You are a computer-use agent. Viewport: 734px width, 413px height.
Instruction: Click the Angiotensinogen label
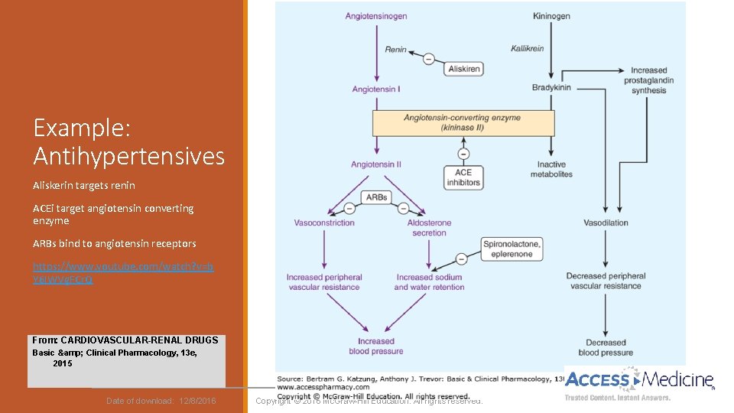pos(375,15)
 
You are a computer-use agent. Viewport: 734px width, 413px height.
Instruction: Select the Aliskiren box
pos(465,69)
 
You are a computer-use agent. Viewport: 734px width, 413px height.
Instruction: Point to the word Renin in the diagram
pos(396,50)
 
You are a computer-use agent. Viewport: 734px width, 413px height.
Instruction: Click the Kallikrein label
pos(528,49)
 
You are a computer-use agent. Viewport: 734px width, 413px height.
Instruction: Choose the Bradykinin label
pos(551,88)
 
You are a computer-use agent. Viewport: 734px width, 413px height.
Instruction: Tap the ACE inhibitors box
pos(463,177)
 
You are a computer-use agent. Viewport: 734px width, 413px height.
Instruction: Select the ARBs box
pos(376,197)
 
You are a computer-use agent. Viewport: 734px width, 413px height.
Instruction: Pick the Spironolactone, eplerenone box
pos(512,249)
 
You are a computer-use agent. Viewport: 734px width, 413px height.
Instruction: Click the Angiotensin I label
pos(376,89)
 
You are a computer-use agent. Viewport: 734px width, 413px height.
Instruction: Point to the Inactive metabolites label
pos(551,169)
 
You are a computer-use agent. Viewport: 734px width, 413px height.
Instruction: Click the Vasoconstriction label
pos(324,223)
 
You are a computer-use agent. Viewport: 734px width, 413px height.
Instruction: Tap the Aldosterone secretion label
pos(429,228)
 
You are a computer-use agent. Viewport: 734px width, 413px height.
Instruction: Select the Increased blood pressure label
pos(376,346)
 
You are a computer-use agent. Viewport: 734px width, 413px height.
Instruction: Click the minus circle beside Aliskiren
pos(428,59)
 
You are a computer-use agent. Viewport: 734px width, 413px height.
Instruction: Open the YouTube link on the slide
pos(123,273)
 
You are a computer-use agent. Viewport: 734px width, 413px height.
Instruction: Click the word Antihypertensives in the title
pos(128,157)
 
